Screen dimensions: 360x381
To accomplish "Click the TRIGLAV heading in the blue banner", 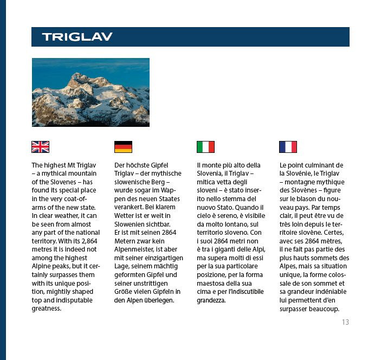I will [x=77, y=37].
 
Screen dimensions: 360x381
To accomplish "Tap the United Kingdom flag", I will [x=41, y=147].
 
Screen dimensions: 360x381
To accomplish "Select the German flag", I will [x=123, y=147].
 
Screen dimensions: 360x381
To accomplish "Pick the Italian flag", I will [x=205, y=147].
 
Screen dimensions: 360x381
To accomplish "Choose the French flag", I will [x=288, y=147].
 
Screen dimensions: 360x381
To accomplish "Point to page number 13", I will [x=345, y=322].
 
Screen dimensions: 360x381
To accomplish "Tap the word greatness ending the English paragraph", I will [x=47, y=308].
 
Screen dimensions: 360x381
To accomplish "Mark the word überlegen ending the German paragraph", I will [x=159, y=301].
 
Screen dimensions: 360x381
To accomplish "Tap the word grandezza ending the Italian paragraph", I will [x=211, y=301].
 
